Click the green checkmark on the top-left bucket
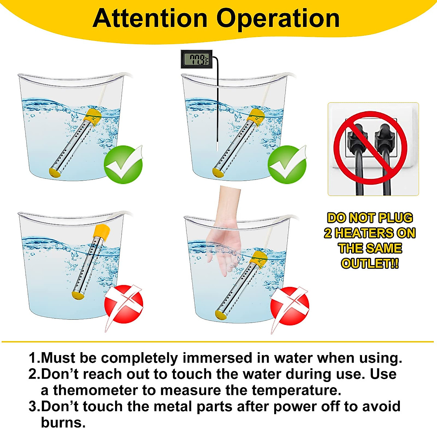(123, 165)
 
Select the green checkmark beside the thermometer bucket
(287, 165)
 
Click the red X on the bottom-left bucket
(124, 304)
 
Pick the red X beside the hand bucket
(290, 306)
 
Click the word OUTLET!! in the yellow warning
(370, 263)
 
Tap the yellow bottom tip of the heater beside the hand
(220, 314)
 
